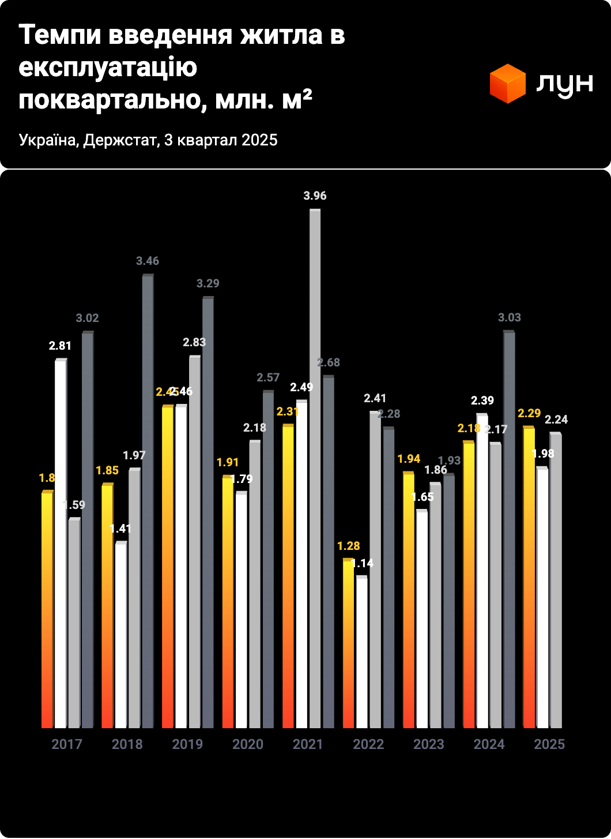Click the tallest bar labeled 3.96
[x=315, y=467]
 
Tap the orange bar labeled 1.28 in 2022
[x=348, y=643]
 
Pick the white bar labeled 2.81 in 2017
[x=61, y=542]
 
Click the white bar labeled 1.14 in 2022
[x=361, y=652]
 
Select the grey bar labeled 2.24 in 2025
[x=555, y=580]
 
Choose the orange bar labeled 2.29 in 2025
[x=529, y=577]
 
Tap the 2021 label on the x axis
[x=308, y=744]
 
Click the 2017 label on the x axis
[x=67, y=744]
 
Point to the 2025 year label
[x=549, y=744]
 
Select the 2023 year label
[x=428, y=744]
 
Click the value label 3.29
[x=208, y=283]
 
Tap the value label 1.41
[x=120, y=529]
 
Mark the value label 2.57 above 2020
[x=268, y=377]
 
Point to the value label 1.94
[x=409, y=459]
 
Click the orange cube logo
[x=507, y=84]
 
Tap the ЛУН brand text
[x=564, y=84]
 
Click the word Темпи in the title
[x=61, y=35]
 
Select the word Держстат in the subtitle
[x=119, y=140]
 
